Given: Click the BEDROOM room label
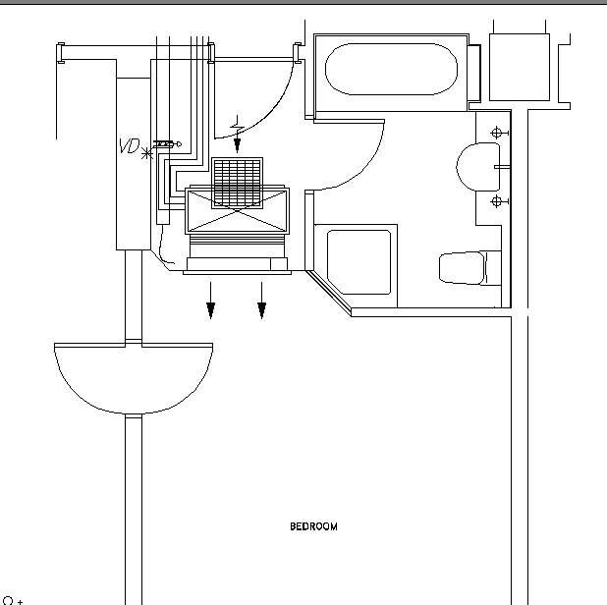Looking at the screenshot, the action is click(x=313, y=526).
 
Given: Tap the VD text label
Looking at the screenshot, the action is click(x=130, y=146).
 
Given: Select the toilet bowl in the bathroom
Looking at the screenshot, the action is click(x=462, y=268).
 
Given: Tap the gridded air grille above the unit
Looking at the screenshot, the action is click(x=237, y=183).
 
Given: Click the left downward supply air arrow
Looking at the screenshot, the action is click(x=210, y=301).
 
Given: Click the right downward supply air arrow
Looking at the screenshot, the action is click(x=261, y=301).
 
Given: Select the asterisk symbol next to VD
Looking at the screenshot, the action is click(x=146, y=153).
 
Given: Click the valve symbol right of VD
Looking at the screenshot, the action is click(x=167, y=144).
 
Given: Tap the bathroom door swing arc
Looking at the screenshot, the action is click(x=366, y=171).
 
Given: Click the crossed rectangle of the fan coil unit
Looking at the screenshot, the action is click(x=237, y=211).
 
